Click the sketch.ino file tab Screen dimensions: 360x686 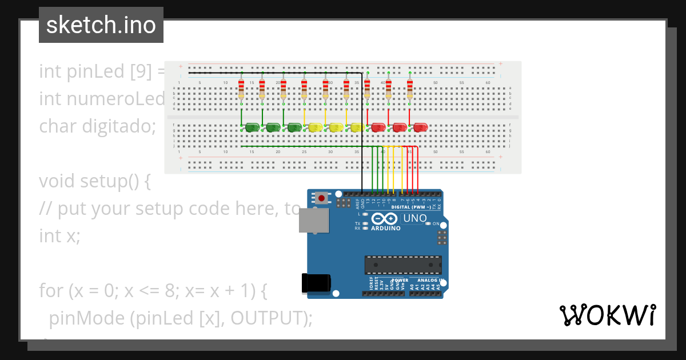(x=101, y=25)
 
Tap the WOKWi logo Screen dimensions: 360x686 (x=607, y=315)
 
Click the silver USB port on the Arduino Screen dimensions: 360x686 (x=314, y=221)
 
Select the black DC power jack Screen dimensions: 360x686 (x=316, y=283)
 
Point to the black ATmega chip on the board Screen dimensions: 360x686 (x=403, y=265)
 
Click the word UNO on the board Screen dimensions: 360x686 (x=415, y=218)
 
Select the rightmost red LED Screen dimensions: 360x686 (x=421, y=127)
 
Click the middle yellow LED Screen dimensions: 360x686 (x=336, y=127)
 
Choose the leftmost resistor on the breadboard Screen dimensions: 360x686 (x=241, y=89)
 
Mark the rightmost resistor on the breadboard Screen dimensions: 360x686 (x=409, y=89)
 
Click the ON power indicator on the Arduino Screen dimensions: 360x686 (x=434, y=223)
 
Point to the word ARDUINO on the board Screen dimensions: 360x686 (x=386, y=228)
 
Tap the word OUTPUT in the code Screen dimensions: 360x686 (x=267, y=318)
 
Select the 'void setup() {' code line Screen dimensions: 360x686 (x=94, y=181)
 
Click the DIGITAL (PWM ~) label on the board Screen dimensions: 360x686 (x=411, y=207)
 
